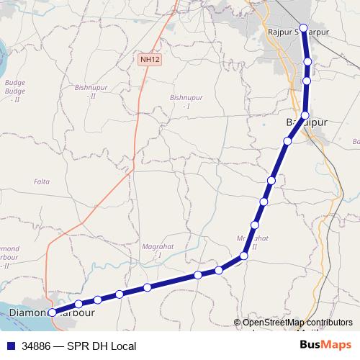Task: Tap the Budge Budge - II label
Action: (x=14, y=91)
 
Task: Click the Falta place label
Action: (x=42, y=181)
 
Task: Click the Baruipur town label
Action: (x=307, y=122)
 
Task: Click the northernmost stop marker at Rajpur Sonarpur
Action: (x=304, y=29)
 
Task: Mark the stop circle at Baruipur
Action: (x=305, y=115)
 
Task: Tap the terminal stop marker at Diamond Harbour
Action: (x=52, y=312)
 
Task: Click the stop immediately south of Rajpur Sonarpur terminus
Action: (x=308, y=62)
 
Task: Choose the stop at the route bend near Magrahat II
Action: (x=244, y=256)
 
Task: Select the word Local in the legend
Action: (x=122, y=346)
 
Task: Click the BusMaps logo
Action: (x=325, y=345)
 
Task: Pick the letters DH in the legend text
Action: (x=97, y=346)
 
